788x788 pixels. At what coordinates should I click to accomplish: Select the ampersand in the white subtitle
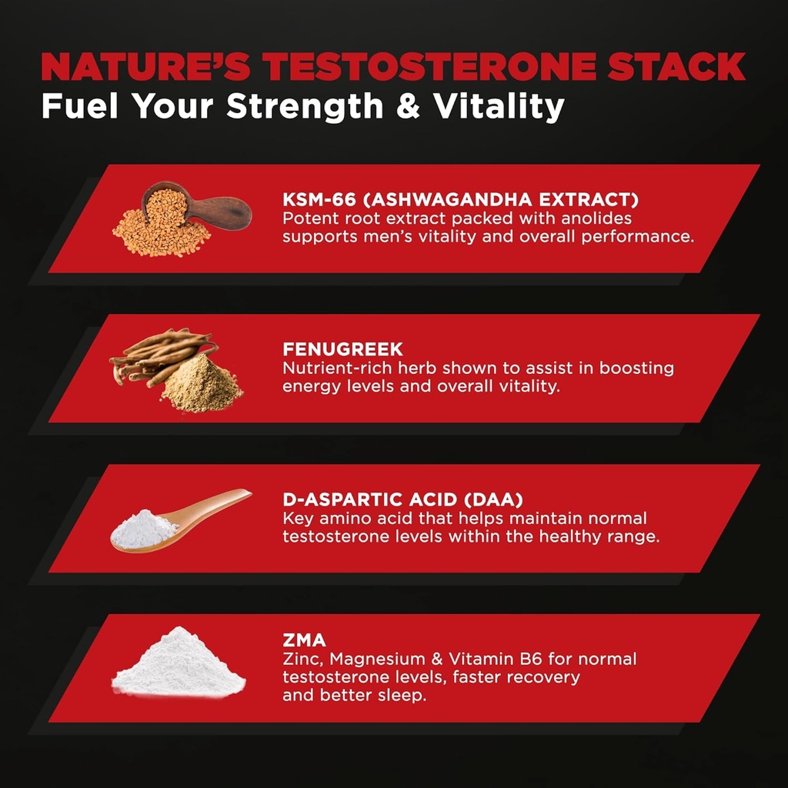coord(409,105)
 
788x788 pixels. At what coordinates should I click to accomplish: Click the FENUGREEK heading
coord(332,351)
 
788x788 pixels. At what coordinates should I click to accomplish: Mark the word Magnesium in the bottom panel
coord(381,659)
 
